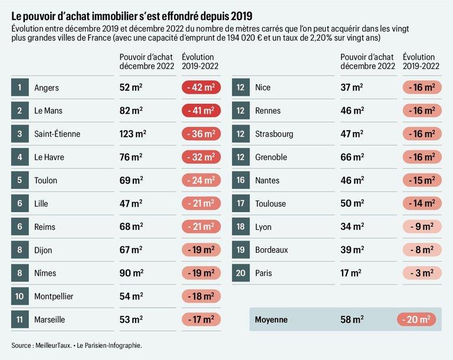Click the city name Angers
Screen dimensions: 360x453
[x=47, y=88]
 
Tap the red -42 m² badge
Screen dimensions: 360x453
[x=201, y=88]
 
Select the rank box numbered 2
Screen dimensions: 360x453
[x=19, y=111]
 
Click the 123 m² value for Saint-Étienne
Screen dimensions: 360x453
[x=133, y=134]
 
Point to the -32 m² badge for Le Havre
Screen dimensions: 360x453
[x=201, y=157]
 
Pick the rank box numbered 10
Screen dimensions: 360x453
[x=19, y=296]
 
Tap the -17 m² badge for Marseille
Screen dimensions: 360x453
[x=201, y=319]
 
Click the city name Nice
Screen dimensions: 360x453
[x=262, y=88]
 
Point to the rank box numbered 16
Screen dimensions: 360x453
[x=241, y=180]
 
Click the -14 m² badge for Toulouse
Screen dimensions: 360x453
[x=422, y=203]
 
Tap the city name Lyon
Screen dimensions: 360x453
[x=263, y=227]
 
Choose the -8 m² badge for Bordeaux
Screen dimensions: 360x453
[x=422, y=250]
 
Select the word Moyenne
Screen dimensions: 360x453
[x=271, y=320]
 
